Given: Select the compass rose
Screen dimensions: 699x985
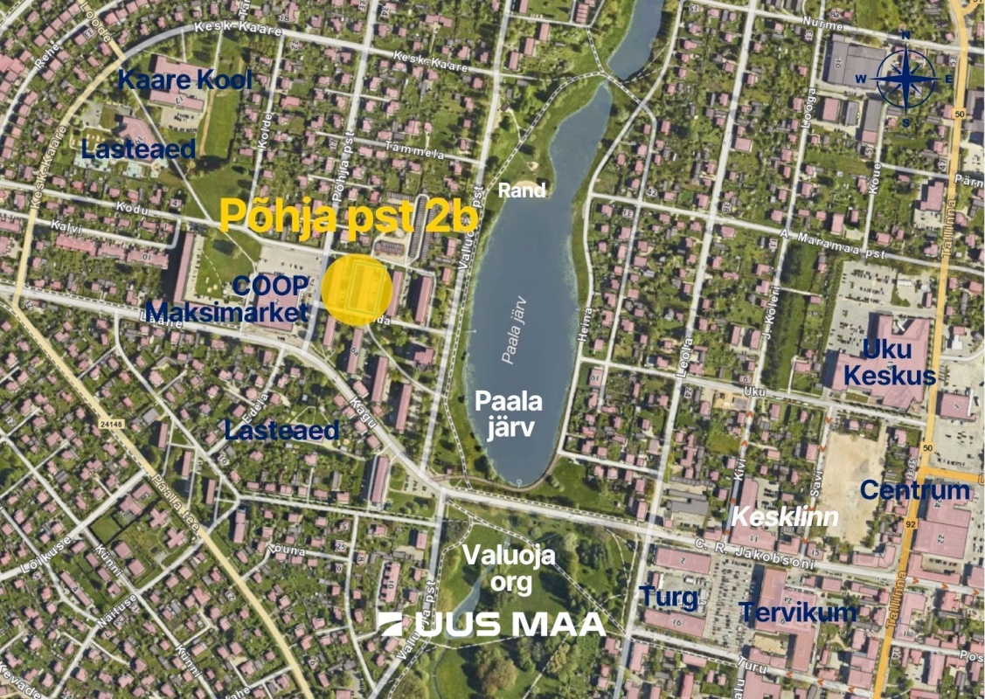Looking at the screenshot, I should (906, 78).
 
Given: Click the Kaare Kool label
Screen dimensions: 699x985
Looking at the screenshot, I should (184, 80).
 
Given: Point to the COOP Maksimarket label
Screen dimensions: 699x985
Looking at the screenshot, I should (227, 300).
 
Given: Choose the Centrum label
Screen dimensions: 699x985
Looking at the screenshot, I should (914, 490).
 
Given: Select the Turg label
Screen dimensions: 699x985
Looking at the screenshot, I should (669, 598).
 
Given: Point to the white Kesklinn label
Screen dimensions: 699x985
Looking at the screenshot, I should (784, 516).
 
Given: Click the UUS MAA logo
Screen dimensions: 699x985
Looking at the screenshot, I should (492, 624).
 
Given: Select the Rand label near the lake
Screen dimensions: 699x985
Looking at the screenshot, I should (523, 190).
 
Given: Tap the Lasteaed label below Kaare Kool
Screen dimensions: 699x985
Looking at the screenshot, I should (138, 149).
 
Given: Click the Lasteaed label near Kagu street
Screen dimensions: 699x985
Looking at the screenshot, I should (281, 430).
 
